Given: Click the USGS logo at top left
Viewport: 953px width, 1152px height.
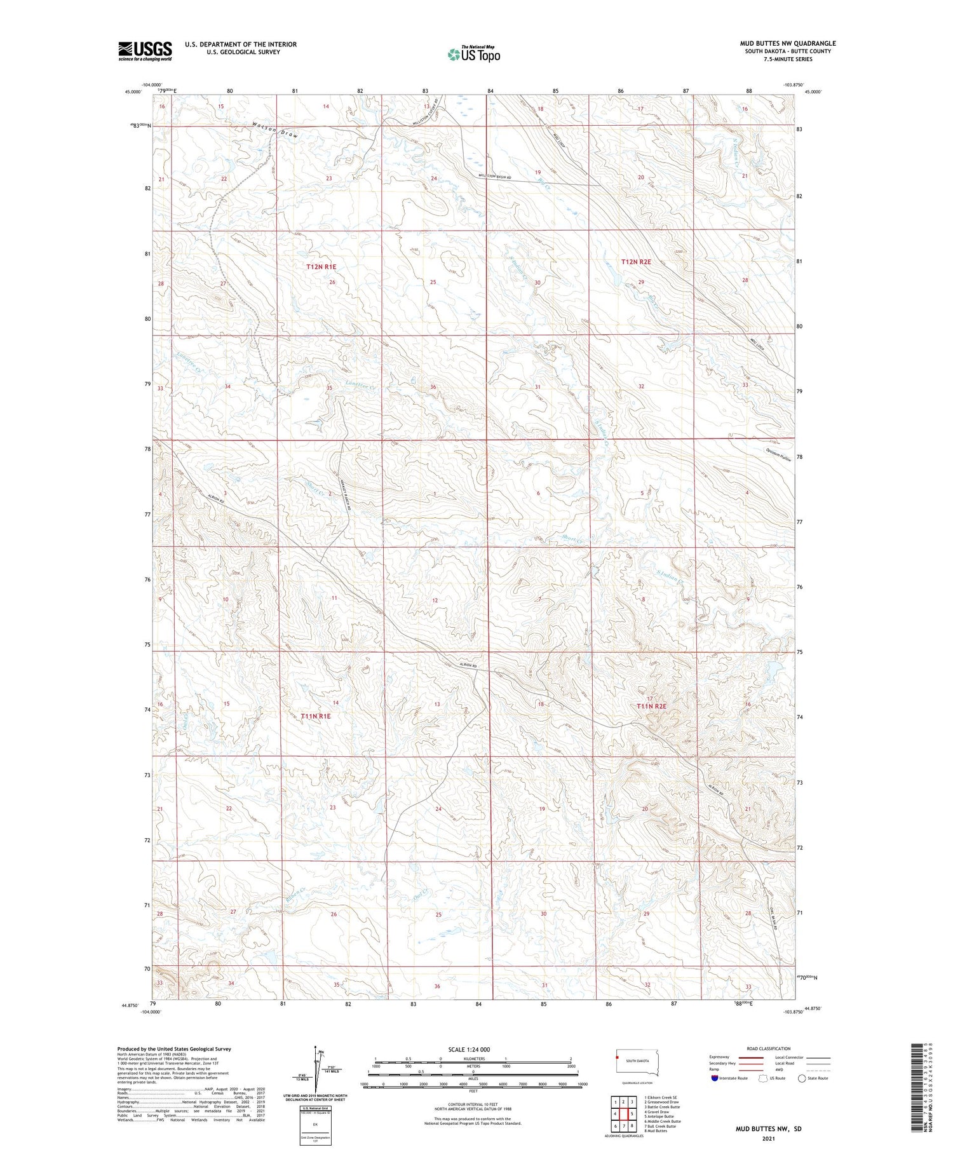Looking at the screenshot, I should click(x=145, y=50).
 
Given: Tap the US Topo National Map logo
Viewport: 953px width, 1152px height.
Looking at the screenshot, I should click(x=474, y=54).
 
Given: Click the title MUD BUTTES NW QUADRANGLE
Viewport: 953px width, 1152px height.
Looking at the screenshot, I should click(x=787, y=43).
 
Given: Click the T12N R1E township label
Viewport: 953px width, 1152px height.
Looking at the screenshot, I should click(x=321, y=267).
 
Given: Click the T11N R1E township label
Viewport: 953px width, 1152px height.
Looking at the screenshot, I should click(x=316, y=715).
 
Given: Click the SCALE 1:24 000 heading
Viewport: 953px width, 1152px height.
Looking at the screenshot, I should click(x=473, y=1049).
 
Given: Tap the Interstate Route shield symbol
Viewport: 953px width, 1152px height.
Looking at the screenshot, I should click(x=714, y=1078).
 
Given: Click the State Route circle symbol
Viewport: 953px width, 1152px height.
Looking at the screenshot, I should click(x=802, y=1078).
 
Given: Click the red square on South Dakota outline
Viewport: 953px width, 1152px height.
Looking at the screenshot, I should click(x=617, y=1057).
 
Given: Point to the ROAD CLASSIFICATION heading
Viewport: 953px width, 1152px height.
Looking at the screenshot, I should click(x=769, y=1048).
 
